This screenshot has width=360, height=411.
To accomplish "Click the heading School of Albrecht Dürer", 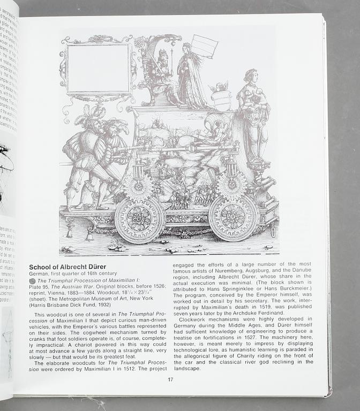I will pos(67,267).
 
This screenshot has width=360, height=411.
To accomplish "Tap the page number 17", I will pos(170,379).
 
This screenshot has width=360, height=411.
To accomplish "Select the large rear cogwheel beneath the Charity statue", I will pos(232,216).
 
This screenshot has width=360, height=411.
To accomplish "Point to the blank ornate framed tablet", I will pos(97,69).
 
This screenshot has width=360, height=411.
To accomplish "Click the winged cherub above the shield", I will pos(219,87).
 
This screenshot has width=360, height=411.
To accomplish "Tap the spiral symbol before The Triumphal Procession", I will pos(32,280).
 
